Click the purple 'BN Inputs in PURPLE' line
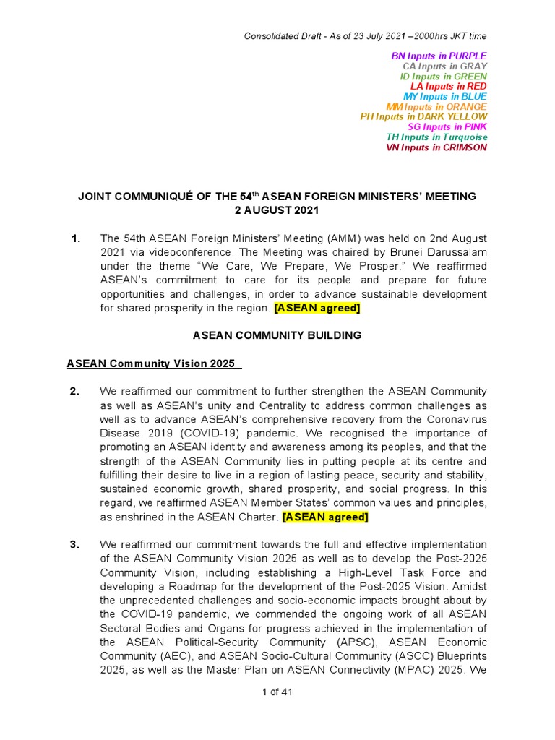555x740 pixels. click(439, 56)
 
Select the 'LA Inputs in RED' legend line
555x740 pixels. click(448, 86)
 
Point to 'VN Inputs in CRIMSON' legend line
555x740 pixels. click(436, 147)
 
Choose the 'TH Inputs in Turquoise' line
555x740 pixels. click(436, 137)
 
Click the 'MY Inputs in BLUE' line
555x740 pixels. click(444, 96)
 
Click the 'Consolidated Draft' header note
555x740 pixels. click(365, 36)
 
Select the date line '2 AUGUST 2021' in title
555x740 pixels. click(277, 210)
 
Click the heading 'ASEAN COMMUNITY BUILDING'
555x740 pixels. click(277, 335)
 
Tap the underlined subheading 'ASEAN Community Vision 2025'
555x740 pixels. click(153, 363)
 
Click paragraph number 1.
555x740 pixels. click(76, 238)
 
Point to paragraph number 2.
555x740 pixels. click(74, 392)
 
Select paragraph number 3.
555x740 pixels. click(74, 544)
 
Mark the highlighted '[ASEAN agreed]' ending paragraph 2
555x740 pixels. click(325, 517)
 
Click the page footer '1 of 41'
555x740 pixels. click(277, 692)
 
